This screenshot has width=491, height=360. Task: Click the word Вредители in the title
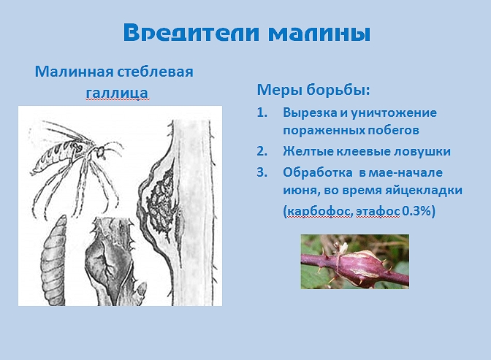click(x=191, y=32)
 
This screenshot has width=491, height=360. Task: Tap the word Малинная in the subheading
click(x=74, y=72)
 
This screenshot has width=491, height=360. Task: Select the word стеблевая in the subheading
click(x=156, y=72)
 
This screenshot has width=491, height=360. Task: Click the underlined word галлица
click(x=117, y=93)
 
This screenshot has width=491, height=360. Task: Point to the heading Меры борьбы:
click(x=313, y=90)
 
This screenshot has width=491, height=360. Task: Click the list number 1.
click(x=262, y=112)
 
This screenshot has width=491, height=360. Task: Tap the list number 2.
click(x=262, y=151)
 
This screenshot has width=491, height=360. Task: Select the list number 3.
click(x=262, y=172)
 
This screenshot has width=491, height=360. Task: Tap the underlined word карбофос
click(x=319, y=212)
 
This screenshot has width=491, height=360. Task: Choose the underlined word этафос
click(x=378, y=212)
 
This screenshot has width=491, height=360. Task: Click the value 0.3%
click(x=417, y=211)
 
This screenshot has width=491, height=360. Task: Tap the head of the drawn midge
click(x=101, y=153)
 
